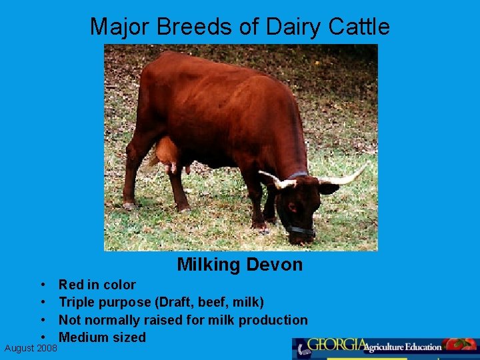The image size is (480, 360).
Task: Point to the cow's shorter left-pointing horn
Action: [269, 179]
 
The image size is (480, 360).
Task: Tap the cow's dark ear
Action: [327, 189]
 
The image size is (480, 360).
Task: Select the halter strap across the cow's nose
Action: [300, 229]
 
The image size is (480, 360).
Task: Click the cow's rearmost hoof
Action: [129, 203]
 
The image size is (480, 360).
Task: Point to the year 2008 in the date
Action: [47, 348]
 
